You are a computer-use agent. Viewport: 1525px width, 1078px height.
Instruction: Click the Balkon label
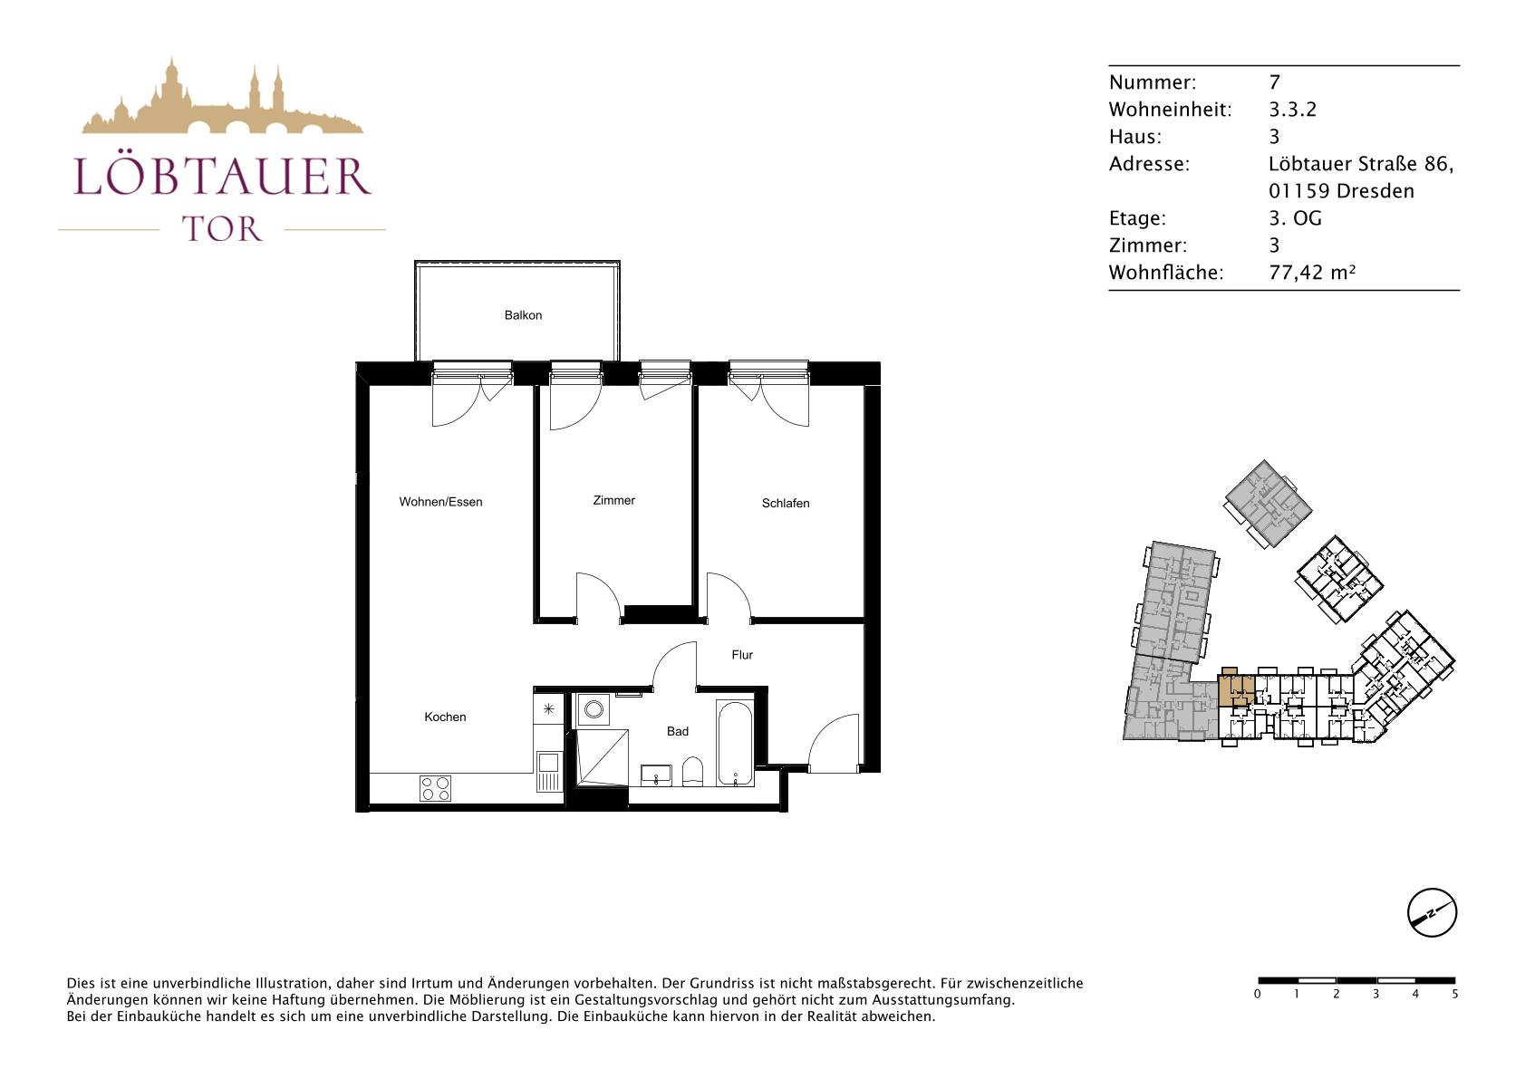[x=523, y=315]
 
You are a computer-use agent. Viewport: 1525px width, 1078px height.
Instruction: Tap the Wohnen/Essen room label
[x=440, y=502]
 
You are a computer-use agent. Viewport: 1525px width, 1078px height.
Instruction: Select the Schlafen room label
[x=786, y=504]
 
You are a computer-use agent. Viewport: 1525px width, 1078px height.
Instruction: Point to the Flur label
[x=742, y=655]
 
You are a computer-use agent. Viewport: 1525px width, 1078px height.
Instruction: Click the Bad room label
[x=678, y=731]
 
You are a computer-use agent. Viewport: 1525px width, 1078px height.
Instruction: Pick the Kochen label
[x=445, y=717]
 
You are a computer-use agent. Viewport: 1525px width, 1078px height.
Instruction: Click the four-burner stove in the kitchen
[x=435, y=788]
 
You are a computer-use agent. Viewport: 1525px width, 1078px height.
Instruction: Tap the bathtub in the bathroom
[x=735, y=744]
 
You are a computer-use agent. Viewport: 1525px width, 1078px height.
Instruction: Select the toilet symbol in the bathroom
[x=692, y=772]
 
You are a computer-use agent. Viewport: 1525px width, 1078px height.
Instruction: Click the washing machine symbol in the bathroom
[x=594, y=710]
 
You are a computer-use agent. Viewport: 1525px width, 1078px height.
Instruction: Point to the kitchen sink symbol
[x=548, y=771]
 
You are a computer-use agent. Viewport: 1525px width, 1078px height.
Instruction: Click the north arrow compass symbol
[x=1432, y=912]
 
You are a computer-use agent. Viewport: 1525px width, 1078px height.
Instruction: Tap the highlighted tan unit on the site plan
[x=1236, y=688]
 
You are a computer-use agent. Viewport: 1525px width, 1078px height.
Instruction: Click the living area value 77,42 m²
[x=1312, y=273]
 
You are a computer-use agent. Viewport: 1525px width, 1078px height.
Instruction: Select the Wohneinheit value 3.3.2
[x=1292, y=109]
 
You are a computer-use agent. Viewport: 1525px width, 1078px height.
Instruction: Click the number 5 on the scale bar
[x=1455, y=994]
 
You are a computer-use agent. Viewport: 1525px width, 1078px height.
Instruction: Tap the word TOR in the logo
[x=222, y=229]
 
